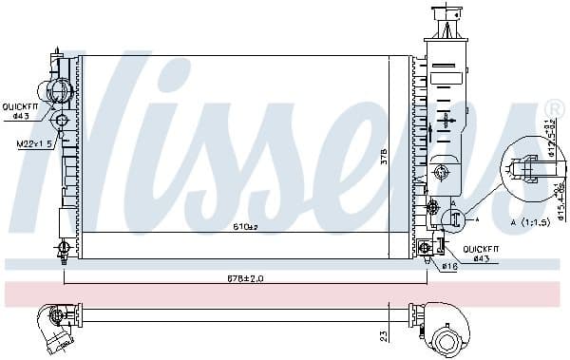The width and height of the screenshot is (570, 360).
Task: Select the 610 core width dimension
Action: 245,227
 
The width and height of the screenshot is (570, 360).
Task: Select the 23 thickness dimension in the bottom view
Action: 382,335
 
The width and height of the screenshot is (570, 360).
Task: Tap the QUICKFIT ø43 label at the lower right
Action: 480,255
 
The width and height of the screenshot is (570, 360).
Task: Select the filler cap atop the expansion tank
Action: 445,17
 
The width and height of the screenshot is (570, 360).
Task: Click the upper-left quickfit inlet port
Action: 60,91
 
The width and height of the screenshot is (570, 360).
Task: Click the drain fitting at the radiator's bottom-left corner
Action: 64,249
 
